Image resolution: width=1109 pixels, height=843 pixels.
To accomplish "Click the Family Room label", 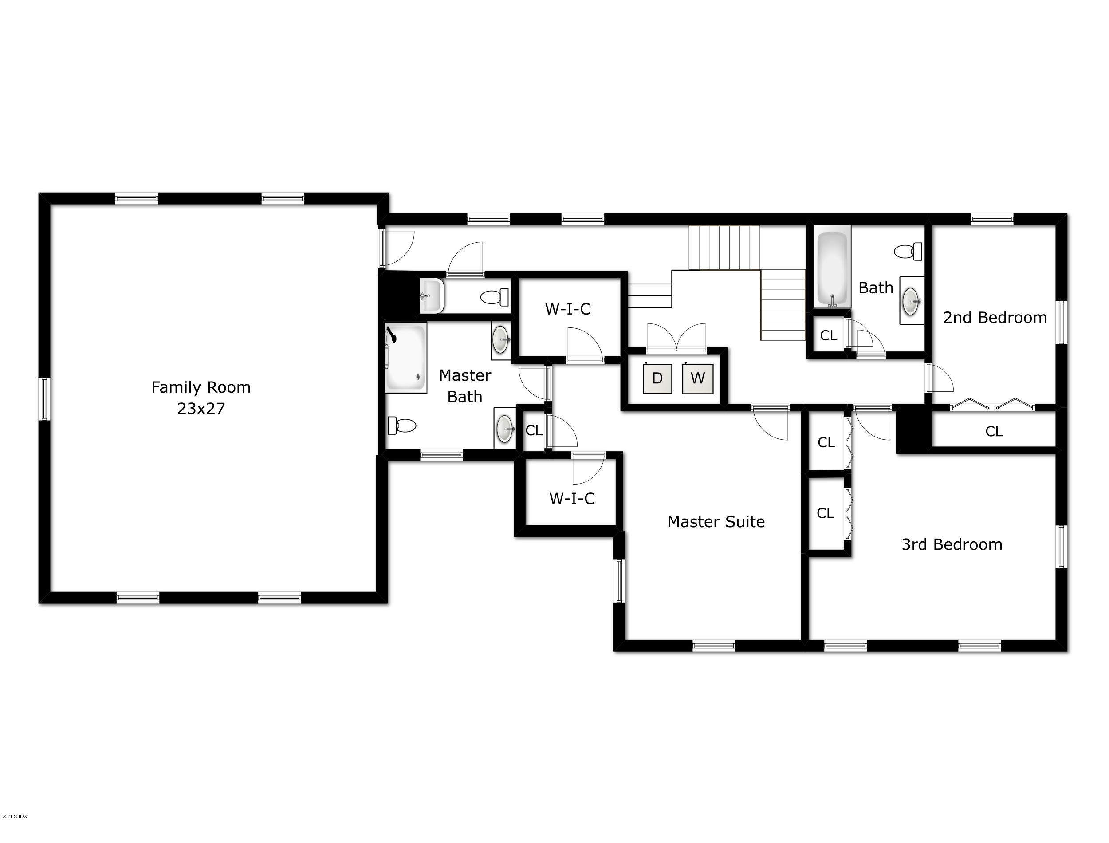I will [x=201, y=387].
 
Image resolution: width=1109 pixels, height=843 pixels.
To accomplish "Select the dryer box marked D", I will [x=657, y=378].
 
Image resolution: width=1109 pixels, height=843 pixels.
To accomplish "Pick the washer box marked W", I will [x=698, y=378].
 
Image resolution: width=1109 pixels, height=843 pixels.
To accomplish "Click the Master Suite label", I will [x=716, y=522].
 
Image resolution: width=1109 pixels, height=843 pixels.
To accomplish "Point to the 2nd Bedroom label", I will [x=995, y=318].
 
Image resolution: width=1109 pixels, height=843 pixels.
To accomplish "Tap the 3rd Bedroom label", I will [x=952, y=544].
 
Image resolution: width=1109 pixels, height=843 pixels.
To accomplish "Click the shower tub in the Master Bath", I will [x=405, y=357].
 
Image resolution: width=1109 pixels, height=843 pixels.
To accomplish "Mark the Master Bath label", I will [x=465, y=386].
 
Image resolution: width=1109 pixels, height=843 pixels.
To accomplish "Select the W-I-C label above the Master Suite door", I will [x=568, y=309].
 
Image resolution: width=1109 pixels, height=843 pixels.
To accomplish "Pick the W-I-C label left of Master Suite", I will [x=572, y=498].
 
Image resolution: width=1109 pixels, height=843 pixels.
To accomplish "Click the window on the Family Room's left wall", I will [x=44, y=399].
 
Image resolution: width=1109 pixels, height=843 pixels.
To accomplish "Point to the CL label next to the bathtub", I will [x=829, y=335].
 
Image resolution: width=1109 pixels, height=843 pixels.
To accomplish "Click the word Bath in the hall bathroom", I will [x=876, y=288].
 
